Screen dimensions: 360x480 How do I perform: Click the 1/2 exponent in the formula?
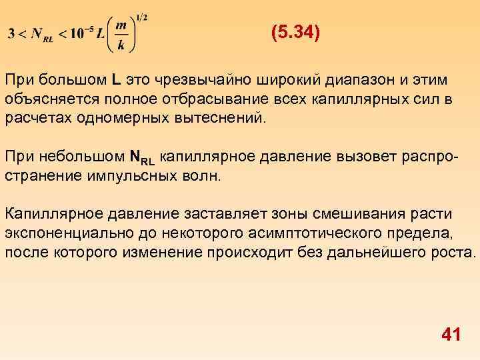point(142,16)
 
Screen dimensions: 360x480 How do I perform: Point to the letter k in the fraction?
point(121,45)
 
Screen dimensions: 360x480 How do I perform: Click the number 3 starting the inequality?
point(11,35)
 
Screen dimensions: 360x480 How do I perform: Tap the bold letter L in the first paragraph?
point(115,80)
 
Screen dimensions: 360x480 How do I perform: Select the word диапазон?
point(366,80)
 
